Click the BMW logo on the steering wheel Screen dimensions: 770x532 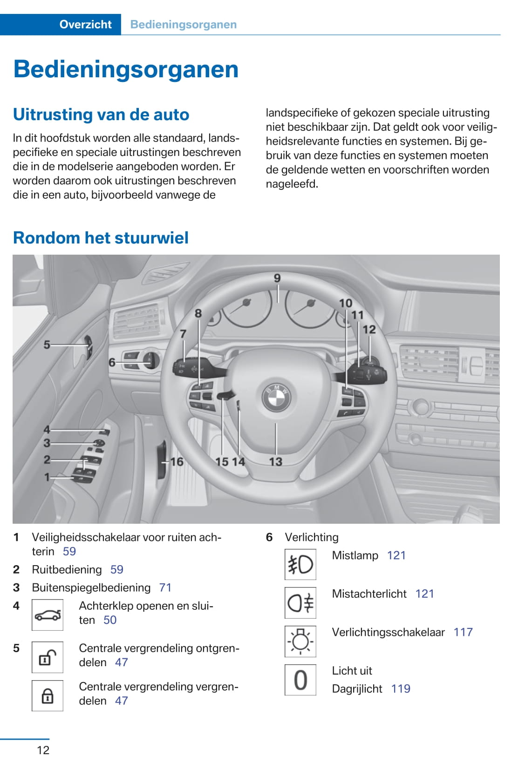[x=276, y=399]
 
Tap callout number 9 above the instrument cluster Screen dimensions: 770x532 [x=277, y=278]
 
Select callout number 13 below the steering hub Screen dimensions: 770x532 [x=276, y=461]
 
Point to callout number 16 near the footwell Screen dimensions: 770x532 [x=177, y=462]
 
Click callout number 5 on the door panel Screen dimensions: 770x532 [x=47, y=345]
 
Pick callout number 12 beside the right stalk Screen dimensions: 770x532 [x=369, y=330]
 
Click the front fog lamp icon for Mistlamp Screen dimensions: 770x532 [x=300, y=564]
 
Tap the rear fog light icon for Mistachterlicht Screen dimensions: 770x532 [x=300, y=603]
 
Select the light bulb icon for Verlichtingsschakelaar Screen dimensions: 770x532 [x=300, y=642]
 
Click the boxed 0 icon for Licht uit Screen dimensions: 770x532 [x=300, y=680]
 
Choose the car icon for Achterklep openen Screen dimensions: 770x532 [x=48, y=615]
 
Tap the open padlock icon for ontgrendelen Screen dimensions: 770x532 [x=48, y=657]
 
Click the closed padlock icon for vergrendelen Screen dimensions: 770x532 [x=48, y=696]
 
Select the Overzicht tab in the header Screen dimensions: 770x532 [x=85, y=24]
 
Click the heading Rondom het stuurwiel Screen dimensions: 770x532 [x=101, y=238]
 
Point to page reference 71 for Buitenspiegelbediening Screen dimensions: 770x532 [x=165, y=588]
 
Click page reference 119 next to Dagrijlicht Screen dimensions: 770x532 [x=401, y=689]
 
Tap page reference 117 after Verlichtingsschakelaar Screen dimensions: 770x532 [x=463, y=632]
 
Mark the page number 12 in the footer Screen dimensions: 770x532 [x=43, y=750]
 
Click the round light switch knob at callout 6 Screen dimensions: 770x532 [x=151, y=360]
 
